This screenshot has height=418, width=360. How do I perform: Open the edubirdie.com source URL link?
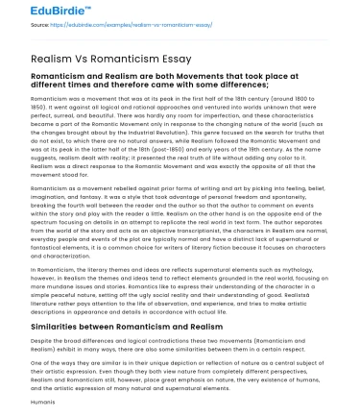point(104,28)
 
